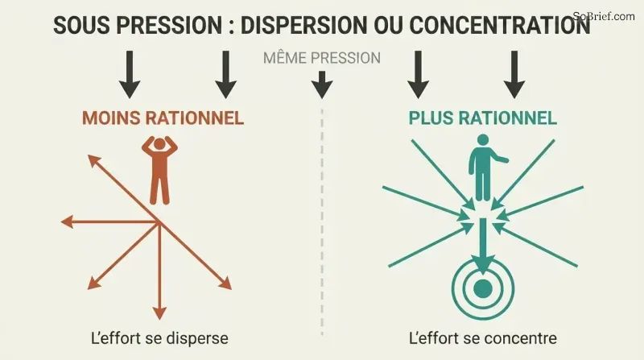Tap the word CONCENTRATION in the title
[500, 25]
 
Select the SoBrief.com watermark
[604, 16]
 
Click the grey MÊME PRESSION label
[322, 58]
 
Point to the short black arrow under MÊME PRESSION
[322, 85]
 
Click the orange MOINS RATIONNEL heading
[163, 118]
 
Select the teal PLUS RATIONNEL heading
[482, 118]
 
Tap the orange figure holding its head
[159, 170]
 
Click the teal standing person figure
[485, 168]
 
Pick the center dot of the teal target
[482, 288]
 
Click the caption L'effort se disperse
[159, 338]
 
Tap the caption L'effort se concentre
[483, 338]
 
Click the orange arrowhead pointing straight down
[159, 312]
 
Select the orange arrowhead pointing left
[67, 222]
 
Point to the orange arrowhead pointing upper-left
[93, 161]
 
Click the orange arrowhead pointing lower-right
[225, 284]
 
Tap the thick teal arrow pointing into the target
[482, 246]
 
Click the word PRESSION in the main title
[169, 25]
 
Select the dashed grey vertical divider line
[322, 222]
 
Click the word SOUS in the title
[82, 25]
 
